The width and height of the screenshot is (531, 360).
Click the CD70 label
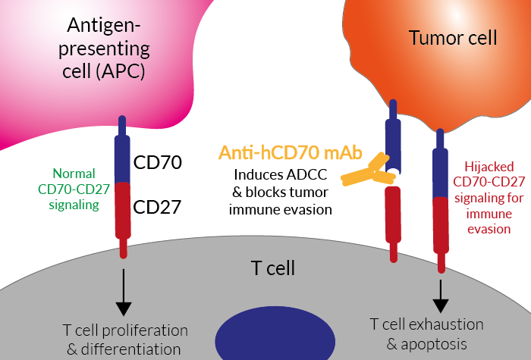pos(157,161)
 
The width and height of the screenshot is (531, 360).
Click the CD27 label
pos(157,207)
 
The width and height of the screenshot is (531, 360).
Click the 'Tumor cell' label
pos(453,37)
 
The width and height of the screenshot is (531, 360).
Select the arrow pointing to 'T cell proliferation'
pos(123,292)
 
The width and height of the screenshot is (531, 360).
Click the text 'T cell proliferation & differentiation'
pos(124,340)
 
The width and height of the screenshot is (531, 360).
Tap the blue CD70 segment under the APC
pos(124,159)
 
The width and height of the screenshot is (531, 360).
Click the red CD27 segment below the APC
pos(124,208)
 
